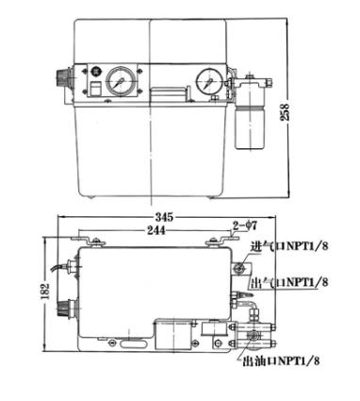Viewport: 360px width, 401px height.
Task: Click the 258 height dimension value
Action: pos(286,111)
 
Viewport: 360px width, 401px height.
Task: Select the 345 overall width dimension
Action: pos(164,217)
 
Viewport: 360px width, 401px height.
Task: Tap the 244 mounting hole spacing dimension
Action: pos(156,230)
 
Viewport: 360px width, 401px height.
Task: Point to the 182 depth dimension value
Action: pos(46,292)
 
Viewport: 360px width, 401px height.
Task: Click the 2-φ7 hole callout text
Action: pos(245,226)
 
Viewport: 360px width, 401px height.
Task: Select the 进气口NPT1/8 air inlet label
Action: pos(289,246)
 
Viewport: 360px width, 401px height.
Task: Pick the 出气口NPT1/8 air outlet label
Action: pos(289,282)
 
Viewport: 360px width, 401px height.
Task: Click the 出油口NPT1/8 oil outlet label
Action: pos(281,360)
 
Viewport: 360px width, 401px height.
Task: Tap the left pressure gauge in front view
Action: pos(119,81)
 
